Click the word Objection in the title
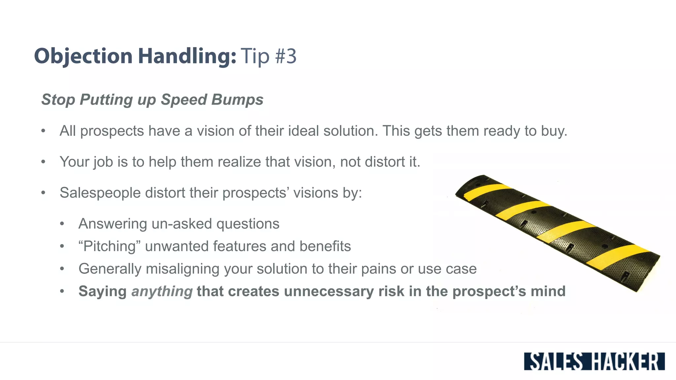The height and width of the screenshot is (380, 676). tap(83, 56)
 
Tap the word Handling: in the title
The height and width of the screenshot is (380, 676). tap(187, 56)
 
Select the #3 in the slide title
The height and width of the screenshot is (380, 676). tap(286, 56)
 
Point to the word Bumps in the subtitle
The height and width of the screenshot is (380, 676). tap(238, 100)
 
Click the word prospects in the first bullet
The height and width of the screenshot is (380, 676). tap(112, 131)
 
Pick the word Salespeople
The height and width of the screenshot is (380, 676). tap(100, 193)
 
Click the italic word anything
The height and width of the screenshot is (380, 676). tap(162, 292)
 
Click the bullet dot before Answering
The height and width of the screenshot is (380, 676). tap(62, 224)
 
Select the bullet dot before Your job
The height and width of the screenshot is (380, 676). tap(43, 162)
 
